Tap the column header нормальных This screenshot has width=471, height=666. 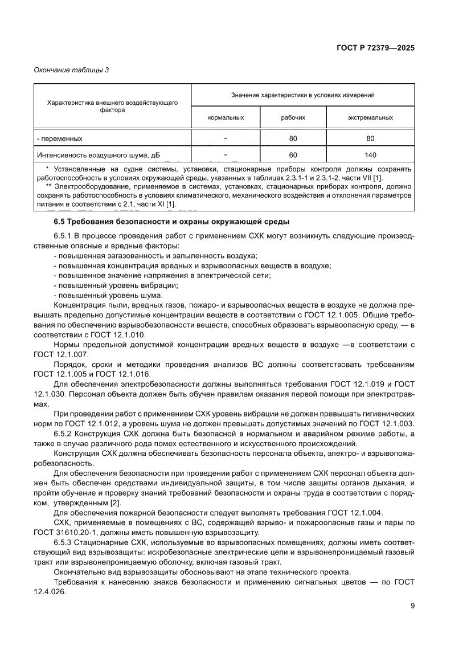click(226, 117)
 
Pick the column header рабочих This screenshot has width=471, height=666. click(293, 117)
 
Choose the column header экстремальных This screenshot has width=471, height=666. click(370, 117)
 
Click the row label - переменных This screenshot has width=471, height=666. click(60, 138)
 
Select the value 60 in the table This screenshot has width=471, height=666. click(293, 154)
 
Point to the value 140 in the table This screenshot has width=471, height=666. click(370, 154)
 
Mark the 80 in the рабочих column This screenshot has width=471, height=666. click(293, 138)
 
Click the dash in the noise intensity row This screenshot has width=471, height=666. click(226, 154)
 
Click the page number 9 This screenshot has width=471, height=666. click(412, 606)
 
